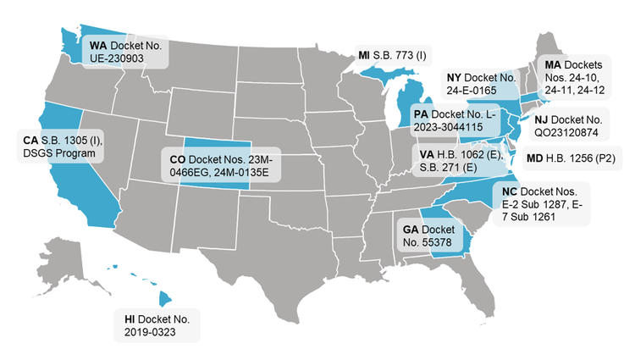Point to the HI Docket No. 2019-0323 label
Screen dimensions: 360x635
pyautogui.click(x=157, y=325)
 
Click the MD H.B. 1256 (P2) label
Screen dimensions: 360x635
pyautogui.click(x=575, y=158)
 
